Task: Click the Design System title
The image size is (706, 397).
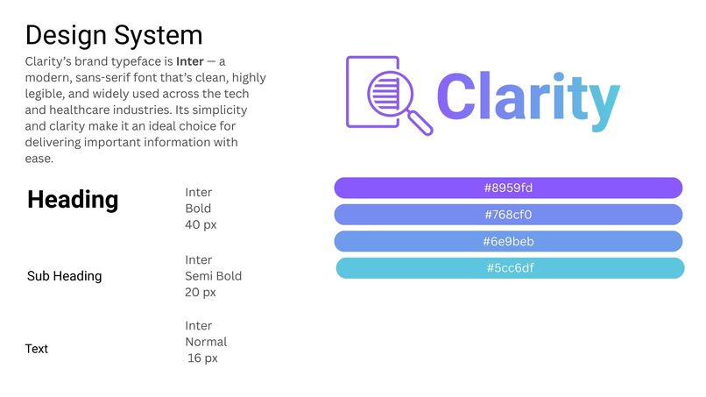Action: [114, 36]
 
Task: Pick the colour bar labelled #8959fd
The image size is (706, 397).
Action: [508, 188]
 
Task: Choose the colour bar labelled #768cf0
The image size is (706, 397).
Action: [508, 215]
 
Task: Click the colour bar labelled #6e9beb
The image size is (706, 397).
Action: [508, 242]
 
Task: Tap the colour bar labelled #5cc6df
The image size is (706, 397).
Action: [510, 268]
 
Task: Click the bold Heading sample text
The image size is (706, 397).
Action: [73, 200]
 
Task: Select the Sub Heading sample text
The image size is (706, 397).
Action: [64, 276]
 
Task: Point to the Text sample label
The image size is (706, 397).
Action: [37, 349]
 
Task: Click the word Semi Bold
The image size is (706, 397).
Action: [213, 276]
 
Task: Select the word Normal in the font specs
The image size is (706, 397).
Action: [206, 342]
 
